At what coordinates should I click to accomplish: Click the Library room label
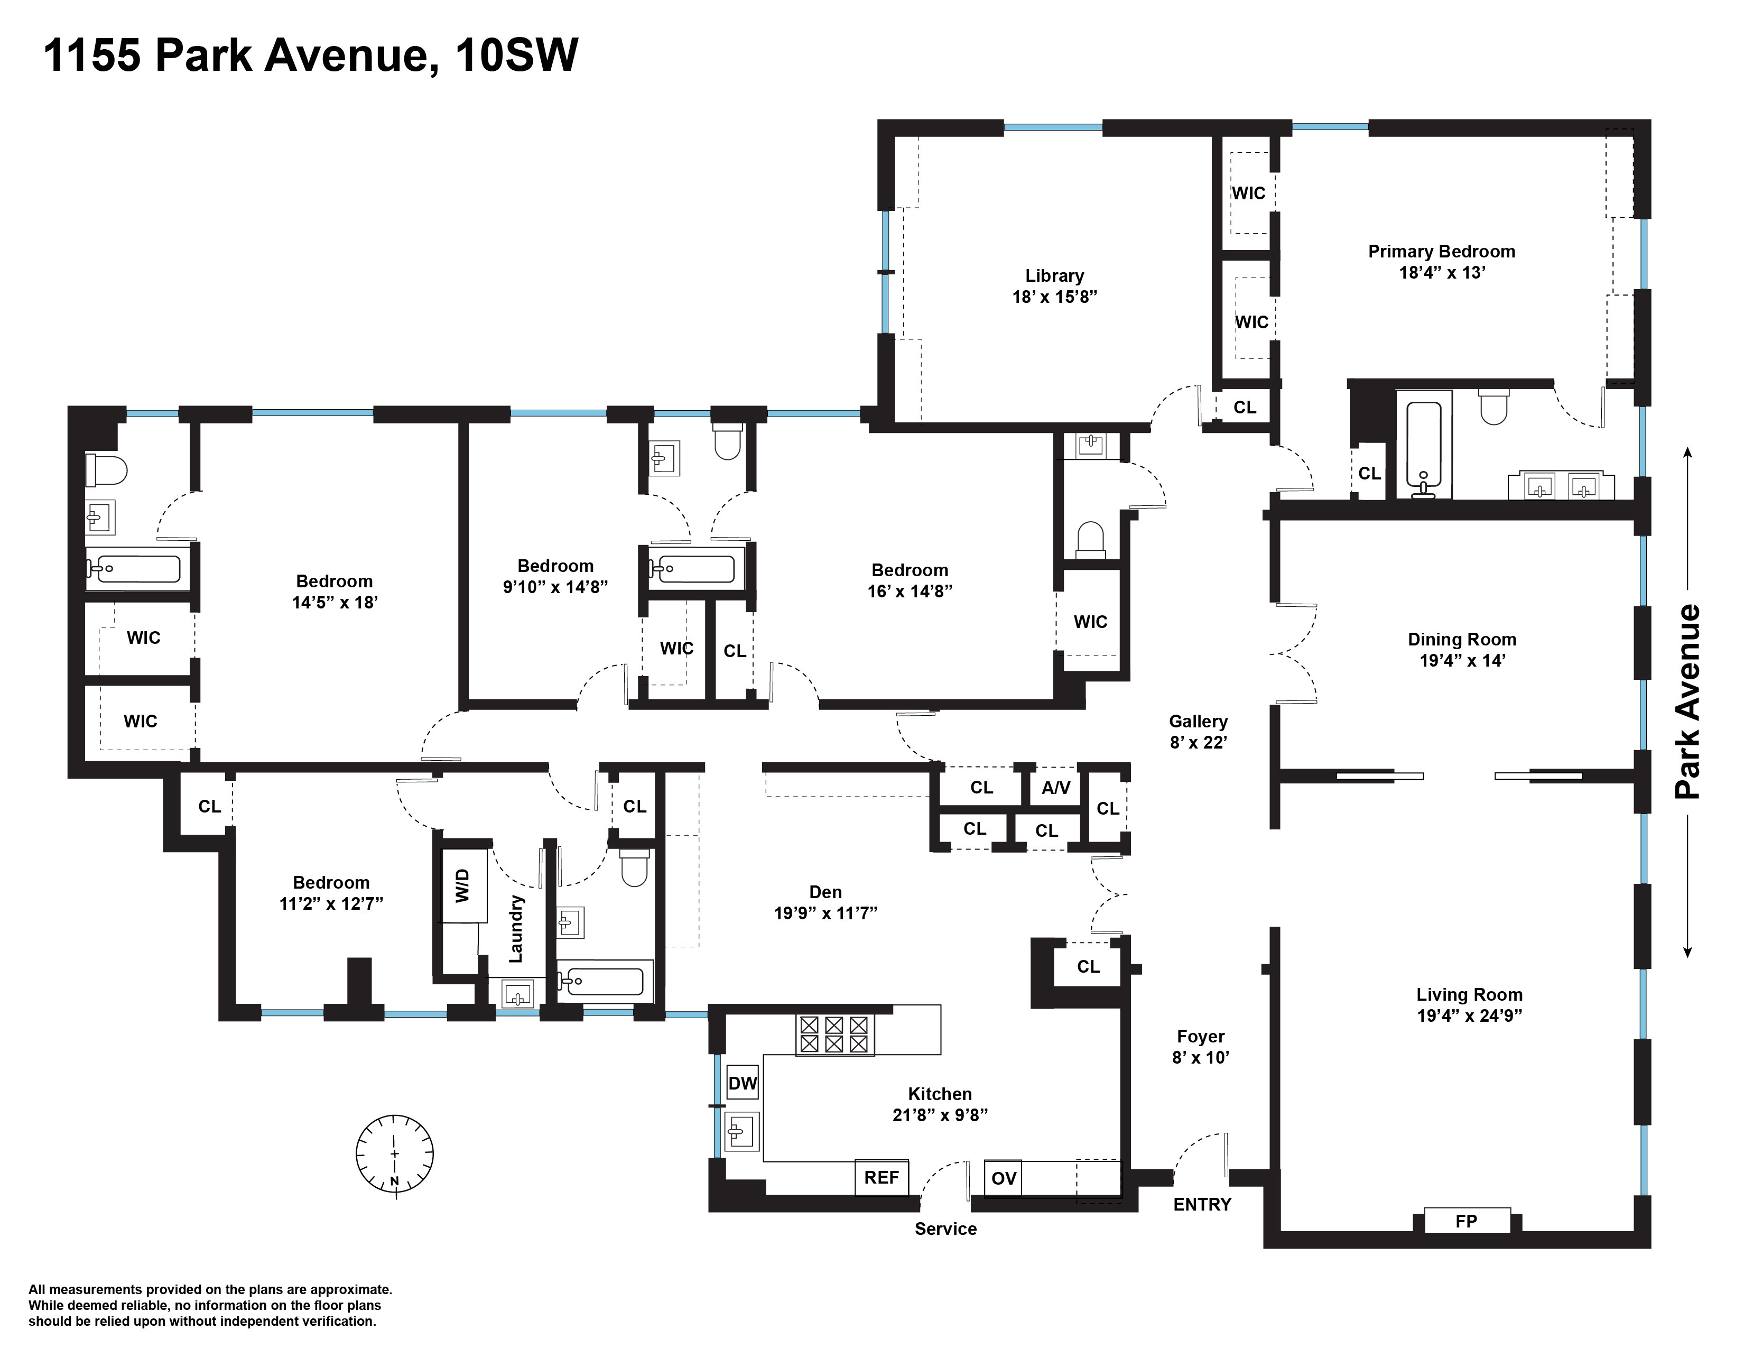click(1054, 276)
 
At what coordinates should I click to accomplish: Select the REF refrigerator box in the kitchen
click(882, 1177)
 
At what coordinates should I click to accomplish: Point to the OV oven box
click(1004, 1178)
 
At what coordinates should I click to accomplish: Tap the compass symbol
click(394, 1154)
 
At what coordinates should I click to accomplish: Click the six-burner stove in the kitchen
click(833, 1034)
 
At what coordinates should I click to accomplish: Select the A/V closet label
click(1056, 788)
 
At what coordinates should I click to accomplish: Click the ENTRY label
click(1202, 1204)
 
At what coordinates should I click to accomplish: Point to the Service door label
click(945, 1229)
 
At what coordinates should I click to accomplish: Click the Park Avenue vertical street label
click(1688, 702)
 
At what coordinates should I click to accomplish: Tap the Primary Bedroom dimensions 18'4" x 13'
click(1441, 272)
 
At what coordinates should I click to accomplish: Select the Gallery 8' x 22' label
click(1198, 732)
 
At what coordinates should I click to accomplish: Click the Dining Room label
click(1461, 640)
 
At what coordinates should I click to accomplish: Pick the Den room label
click(825, 892)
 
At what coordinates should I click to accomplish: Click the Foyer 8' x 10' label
click(1200, 1047)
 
